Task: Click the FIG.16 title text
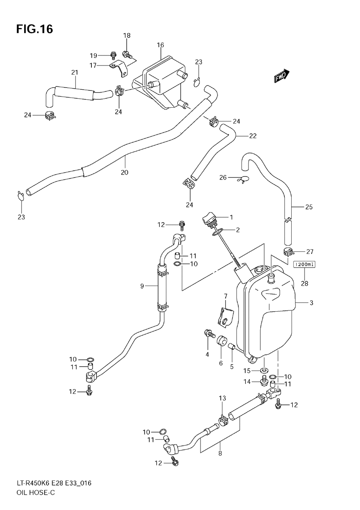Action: pos(35,29)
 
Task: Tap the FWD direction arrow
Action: pos(282,76)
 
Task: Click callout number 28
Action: pos(305,283)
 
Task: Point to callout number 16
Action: pos(161,45)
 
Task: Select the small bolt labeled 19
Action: pos(113,55)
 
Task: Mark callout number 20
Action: pos(125,173)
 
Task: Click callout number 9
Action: pos(142,286)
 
